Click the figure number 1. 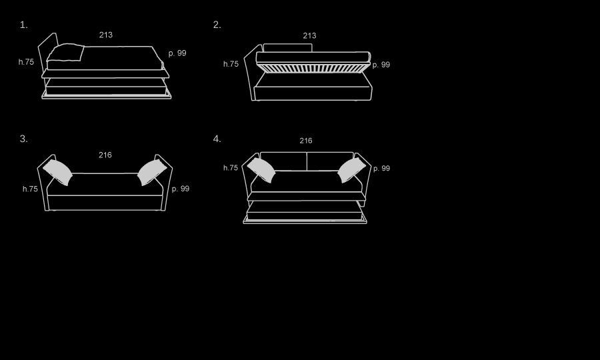tap(24, 25)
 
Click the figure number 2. tap(217, 25)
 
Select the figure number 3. tap(24, 139)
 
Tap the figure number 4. tap(217, 139)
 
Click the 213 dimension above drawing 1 tap(106, 35)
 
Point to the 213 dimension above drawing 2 tap(309, 35)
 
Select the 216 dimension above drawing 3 tap(105, 155)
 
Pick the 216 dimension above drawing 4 tap(306, 141)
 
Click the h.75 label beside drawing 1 tap(26, 62)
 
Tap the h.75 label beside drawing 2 tap(231, 64)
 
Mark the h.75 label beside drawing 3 tap(30, 189)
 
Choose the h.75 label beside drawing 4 tap(231, 167)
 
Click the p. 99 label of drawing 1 tap(177, 53)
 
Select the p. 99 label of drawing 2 tap(381, 65)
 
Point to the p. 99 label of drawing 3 tap(181, 189)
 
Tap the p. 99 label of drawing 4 tap(381, 168)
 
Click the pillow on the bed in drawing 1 tap(65, 53)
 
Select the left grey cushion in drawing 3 tap(58, 173)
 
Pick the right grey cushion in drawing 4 tap(351, 170)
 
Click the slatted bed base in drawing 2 tap(313, 68)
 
